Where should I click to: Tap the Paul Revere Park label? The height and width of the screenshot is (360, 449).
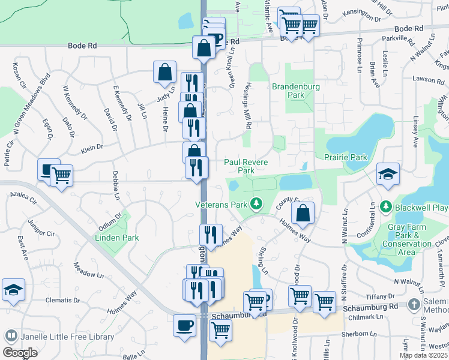pyautogui.click(x=246, y=166)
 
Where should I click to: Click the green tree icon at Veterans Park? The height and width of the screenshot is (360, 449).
pyautogui.click(x=256, y=204)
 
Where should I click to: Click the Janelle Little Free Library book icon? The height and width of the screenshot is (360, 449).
pyautogui.click(x=10, y=335)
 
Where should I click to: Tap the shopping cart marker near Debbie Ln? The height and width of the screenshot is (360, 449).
pyautogui.click(x=61, y=175)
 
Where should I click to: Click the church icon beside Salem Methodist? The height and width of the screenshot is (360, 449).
pyautogui.click(x=413, y=305)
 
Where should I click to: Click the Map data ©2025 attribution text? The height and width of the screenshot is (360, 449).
pyautogui.click(x=423, y=355)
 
